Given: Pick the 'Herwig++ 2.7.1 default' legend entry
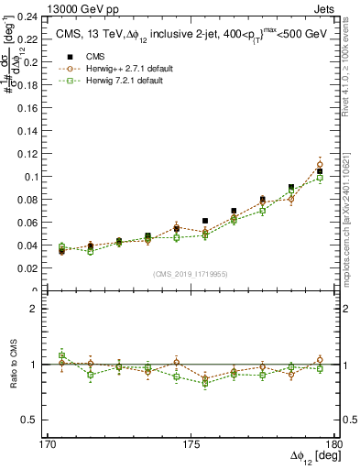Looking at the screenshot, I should pyautogui.click(x=128, y=69).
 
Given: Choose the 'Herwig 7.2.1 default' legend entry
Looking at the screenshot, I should pyautogui.click(x=125, y=81).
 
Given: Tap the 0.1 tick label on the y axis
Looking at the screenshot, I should pyautogui.click(x=37, y=176).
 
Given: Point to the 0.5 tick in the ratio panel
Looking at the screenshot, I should pyautogui.click(x=37, y=420).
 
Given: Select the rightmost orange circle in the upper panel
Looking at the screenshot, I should pyautogui.click(x=320, y=165).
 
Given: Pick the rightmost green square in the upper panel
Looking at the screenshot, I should pyautogui.click(x=320, y=178).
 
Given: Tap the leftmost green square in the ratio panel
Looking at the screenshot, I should pyautogui.click(x=61, y=355).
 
